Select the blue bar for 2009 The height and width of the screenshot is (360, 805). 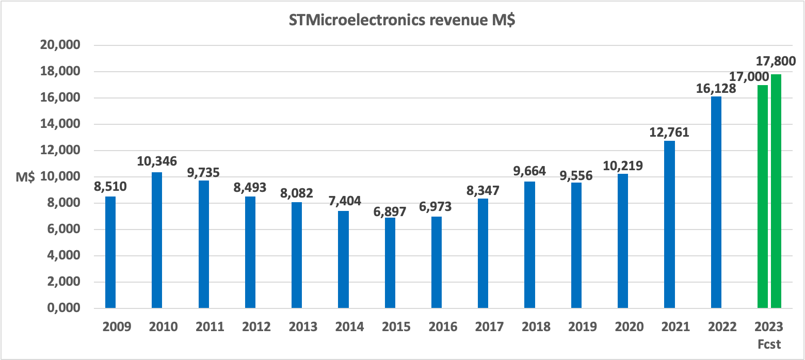(110, 252)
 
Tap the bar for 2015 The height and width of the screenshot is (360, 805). (390, 263)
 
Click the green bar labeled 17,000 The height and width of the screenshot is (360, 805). (763, 197)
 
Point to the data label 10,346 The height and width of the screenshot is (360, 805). (157, 161)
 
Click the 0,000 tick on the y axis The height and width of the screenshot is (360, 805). (61, 308)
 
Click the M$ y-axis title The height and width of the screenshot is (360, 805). (25, 177)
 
